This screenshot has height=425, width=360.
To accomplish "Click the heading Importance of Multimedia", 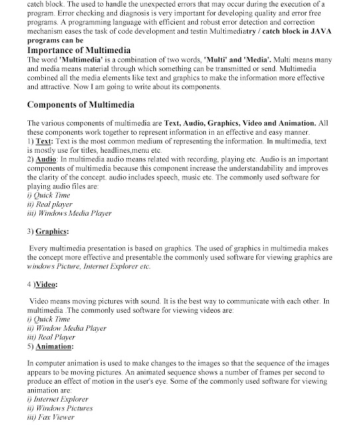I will (79, 50).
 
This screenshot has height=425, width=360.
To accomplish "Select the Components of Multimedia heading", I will (80, 105).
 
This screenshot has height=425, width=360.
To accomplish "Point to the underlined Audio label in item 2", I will (46, 160).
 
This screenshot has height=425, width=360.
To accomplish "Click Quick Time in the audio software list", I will (52, 196).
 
